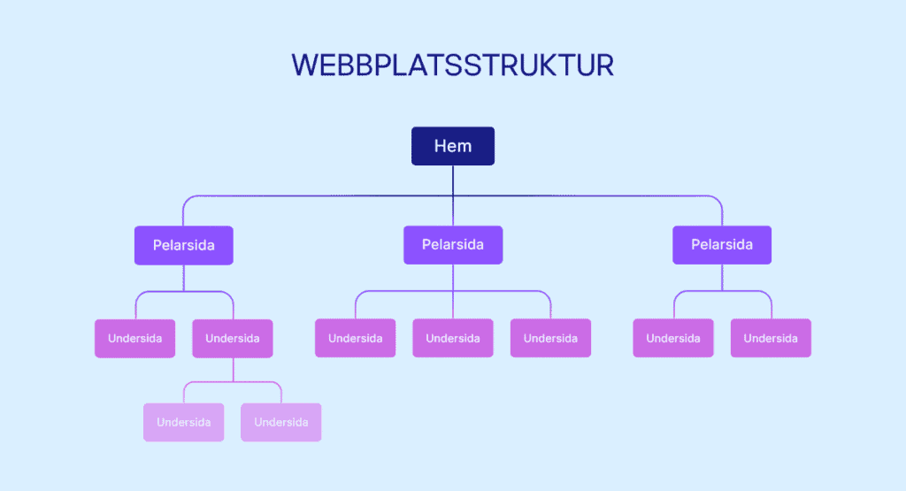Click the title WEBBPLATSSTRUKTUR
[x=452, y=66]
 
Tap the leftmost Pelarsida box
[x=184, y=245]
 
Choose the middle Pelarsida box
[x=453, y=245]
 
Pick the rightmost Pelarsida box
[x=722, y=245]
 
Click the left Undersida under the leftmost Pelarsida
[x=134, y=338]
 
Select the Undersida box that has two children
[x=233, y=338]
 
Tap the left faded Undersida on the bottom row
[x=184, y=422]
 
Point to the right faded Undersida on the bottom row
[x=281, y=422]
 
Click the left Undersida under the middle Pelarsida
[x=356, y=338]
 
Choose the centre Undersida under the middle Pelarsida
[x=453, y=338]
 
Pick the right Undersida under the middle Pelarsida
[x=550, y=338]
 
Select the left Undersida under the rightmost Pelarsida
[x=673, y=338]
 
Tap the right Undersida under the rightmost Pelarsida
[x=771, y=338]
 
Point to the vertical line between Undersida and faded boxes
[x=233, y=369]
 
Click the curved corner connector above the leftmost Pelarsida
[x=188, y=200]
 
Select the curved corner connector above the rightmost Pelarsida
[x=718, y=200]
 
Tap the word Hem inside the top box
[x=453, y=146]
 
